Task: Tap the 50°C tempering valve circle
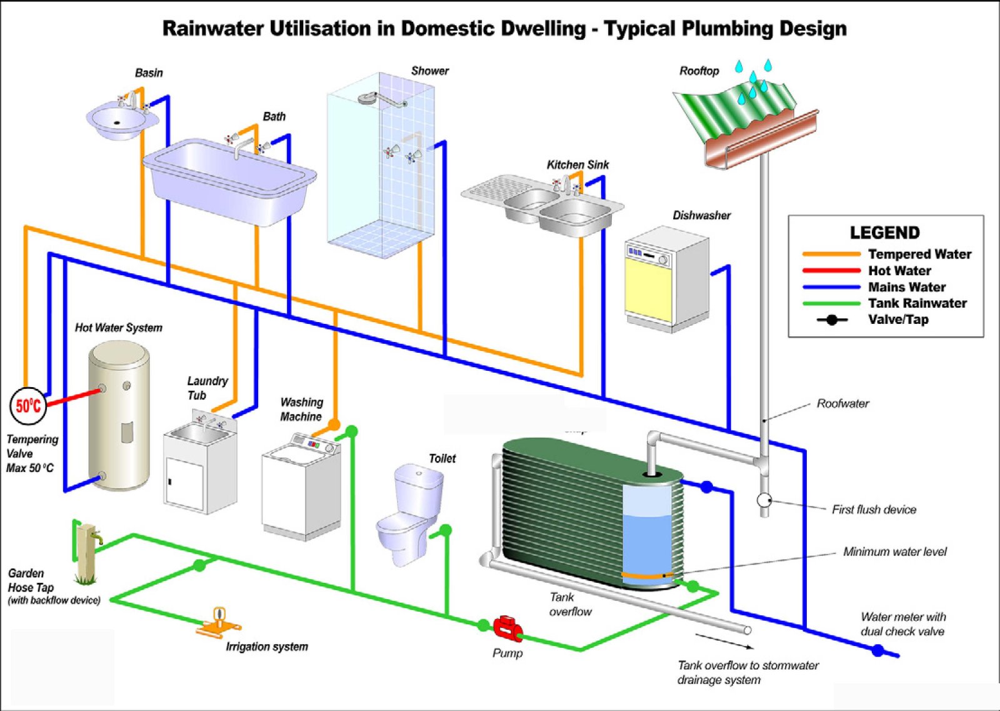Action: (x=29, y=406)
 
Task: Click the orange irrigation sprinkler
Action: (x=219, y=622)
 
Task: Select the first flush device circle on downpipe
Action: (x=764, y=500)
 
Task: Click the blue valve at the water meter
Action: (x=878, y=651)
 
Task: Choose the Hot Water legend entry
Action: (x=899, y=271)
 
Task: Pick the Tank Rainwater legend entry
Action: (x=917, y=303)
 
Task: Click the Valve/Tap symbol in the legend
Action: (x=832, y=320)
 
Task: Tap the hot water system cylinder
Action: (x=119, y=416)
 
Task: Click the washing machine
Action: (x=301, y=488)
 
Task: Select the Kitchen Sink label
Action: (x=577, y=164)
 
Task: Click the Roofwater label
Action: (x=842, y=403)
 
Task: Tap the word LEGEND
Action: (x=884, y=233)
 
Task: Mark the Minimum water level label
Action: (x=894, y=552)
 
